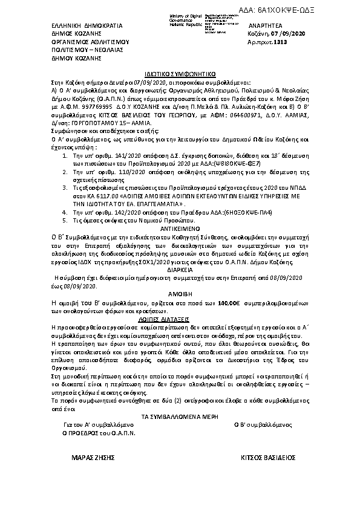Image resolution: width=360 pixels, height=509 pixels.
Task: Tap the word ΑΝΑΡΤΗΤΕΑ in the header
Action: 266,26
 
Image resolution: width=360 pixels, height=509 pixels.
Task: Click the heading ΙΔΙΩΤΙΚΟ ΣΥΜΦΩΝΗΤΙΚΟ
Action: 180,70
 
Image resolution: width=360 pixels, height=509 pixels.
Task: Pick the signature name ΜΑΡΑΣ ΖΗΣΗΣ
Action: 91,458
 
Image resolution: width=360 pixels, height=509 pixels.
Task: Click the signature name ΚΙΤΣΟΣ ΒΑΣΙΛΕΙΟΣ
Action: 267,458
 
